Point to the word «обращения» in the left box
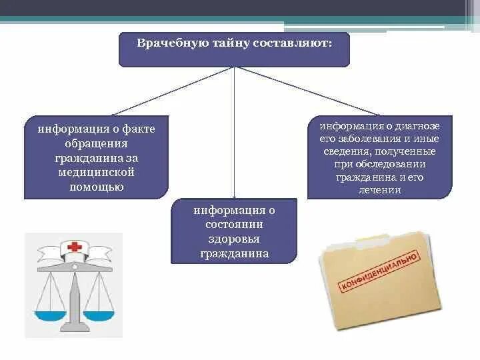coord(96,143)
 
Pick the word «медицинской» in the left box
coord(96,172)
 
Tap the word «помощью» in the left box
coord(96,187)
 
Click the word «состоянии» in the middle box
coord(233,225)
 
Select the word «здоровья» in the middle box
coord(233,239)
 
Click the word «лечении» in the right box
coord(379,190)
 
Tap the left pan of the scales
coord(48,309)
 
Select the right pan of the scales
coord(102,309)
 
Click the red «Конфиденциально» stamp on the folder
coord(380,274)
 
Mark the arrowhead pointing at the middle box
coord(234,194)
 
